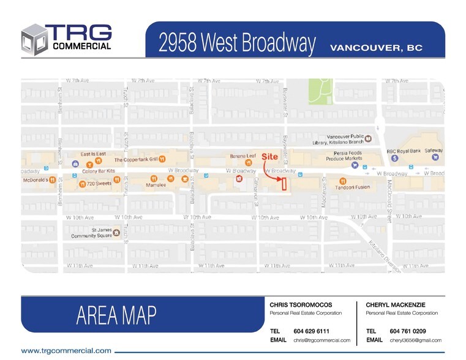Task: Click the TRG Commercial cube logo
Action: point(34,40)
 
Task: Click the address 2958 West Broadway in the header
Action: point(237,43)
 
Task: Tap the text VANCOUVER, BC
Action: point(376,48)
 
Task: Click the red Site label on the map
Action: point(269,157)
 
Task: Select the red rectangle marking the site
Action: point(284,184)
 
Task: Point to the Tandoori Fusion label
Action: point(352,187)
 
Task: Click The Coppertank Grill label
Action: point(136,159)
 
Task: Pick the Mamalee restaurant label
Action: point(156,184)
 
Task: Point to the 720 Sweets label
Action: point(99,183)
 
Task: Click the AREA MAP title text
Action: point(116,315)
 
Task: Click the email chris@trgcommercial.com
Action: point(321,340)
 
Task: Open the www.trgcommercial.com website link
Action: point(66,351)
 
